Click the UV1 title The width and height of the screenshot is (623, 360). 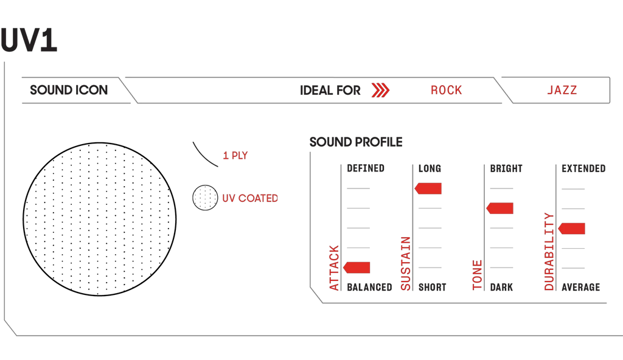point(29,40)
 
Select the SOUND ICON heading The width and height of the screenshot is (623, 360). point(69,90)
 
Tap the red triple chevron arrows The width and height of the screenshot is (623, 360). point(380,90)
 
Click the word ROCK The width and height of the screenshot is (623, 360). point(446,90)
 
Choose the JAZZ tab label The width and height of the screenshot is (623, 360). point(562,90)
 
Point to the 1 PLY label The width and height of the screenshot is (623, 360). point(235,155)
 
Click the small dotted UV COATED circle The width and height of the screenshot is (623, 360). point(205,198)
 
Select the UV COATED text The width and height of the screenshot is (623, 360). point(250,198)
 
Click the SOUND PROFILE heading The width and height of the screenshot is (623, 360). point(356,142)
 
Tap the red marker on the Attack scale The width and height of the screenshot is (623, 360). point(357,268)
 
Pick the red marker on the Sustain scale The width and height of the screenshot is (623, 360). point(428,189)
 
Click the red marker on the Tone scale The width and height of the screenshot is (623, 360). point(500,208)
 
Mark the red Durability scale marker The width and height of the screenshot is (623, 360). point(571,229)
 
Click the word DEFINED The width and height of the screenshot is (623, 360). point(366,168)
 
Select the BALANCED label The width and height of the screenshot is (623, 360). point(369,287)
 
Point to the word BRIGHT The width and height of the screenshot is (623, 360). point(506,168)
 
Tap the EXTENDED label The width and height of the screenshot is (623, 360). point(583,168)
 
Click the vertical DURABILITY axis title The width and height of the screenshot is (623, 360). point(549,251)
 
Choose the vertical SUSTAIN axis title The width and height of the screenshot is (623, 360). point(406,263)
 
